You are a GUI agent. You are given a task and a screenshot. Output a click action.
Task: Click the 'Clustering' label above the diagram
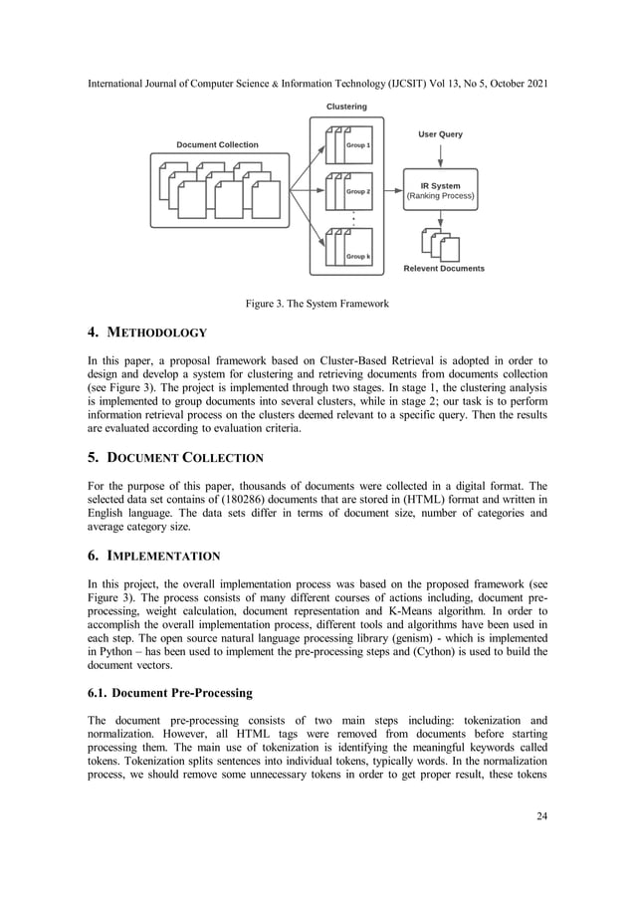tap(346, 107)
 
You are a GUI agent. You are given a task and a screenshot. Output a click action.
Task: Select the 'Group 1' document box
tap(349, 145)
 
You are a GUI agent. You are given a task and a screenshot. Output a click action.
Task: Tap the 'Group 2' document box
tap(349, 192)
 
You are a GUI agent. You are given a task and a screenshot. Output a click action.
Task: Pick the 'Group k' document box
tap(349, 248)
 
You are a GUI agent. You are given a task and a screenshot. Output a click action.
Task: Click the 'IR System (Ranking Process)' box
tap(440, 190)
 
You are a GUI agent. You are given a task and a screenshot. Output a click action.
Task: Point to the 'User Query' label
tap(440, 134)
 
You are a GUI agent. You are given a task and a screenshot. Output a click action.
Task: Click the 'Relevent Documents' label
tap(444, 269)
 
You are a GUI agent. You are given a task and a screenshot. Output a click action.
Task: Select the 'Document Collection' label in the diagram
tap(217, 145)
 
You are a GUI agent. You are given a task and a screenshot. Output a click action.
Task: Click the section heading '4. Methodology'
tap(150, 333)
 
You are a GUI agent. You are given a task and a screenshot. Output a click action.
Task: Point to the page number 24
tap(540, 817)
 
